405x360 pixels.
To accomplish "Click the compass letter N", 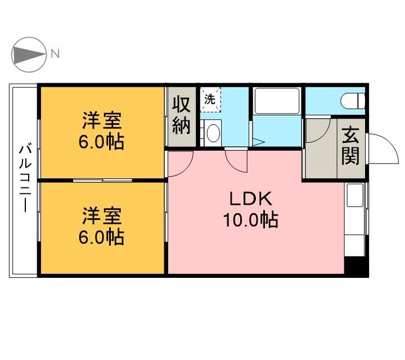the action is (x=55, y=53).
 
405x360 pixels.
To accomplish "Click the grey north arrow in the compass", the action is (x=29, y=55).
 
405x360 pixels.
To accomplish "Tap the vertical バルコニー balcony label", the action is (x=25, y=178).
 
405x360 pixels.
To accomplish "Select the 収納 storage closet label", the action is (x=181, y=115).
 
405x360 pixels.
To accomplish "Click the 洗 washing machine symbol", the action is (x=210, y=100).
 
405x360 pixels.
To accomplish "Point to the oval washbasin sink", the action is (x=214, y=133).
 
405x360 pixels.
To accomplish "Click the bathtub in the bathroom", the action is (x=277, y=101).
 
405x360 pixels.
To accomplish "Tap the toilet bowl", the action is (x=352, y=101).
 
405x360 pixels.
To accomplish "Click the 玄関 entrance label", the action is (x=350, y=146).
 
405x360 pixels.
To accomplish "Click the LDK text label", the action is (x=250, y=199).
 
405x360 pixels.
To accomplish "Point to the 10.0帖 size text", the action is (x=250, y=220).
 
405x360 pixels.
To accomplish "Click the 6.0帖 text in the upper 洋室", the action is (x=101, y=142).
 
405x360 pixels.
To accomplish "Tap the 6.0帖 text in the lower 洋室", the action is (x=101, y=237).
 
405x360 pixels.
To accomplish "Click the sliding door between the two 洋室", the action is (x=102, y=181).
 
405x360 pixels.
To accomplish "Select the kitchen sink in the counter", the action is (x=355, y=195).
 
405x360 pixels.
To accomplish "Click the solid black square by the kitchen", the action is (x=357, y=265).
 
